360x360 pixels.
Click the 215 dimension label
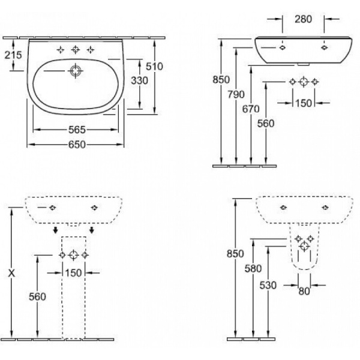pyautogui.click(x=13, y=55)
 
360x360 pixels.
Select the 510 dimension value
pyautogui.click(x=155, y=66)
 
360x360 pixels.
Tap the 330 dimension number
pyautogui.click(x=140, y=80)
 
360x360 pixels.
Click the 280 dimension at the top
pyautogui.click(x=303, y=20)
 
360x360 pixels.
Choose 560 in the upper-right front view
pyautogui.click(x=265, y=123)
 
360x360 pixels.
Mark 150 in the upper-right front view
pyautogui.click(x=304, y=103)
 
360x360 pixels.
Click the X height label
pyautogui.click(x=11, y=273)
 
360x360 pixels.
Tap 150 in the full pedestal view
pyautogui.click(x=73, y=274)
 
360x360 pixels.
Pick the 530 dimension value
pyautogui.click(x=269, y=285)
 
